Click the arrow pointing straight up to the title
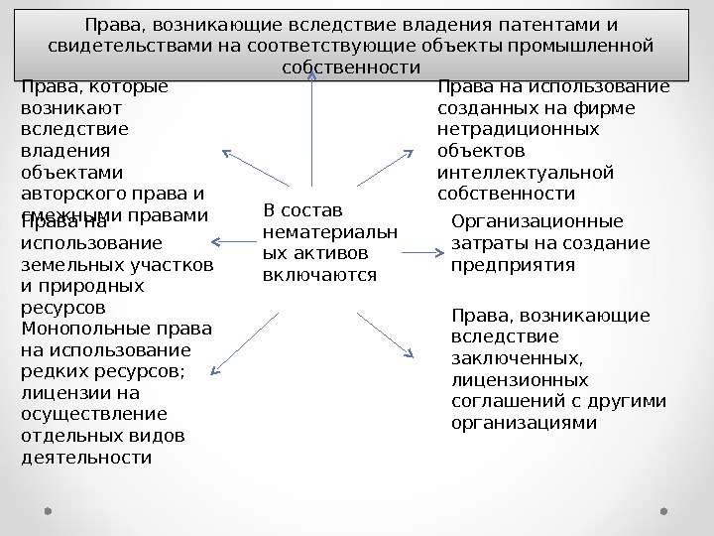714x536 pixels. [313, 129]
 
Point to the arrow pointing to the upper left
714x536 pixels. [256, 168]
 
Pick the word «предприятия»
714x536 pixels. [513, 265]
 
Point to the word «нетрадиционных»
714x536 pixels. [518, 129]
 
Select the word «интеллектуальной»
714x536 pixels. [526, 173]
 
